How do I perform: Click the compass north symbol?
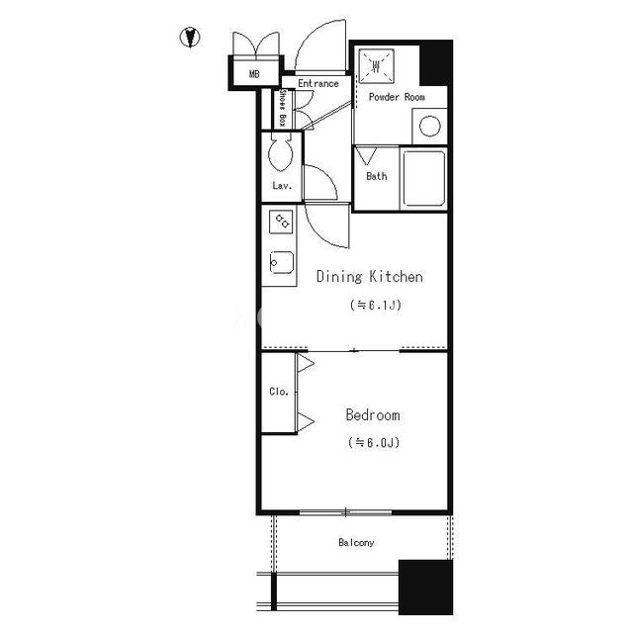(190, 38)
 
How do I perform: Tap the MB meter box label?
(254, 74)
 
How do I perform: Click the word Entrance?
(318, 83)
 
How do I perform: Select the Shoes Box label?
(283, 108)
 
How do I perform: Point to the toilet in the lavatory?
(281, 154)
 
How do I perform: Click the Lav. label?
(282, 186)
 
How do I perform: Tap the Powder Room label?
(397, 97)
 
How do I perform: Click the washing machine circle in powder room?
(429, 126)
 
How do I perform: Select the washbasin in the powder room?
(376, 66)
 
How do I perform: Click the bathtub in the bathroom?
(424, 178)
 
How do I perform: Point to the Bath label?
(377, 176)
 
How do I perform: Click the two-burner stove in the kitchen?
(281, 222)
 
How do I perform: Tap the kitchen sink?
(281, 262)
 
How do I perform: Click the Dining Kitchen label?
(370, 277)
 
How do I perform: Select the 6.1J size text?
(376, 305)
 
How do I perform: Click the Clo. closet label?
(279, 392)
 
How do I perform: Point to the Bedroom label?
(373, 415)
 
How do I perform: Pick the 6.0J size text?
(374, 442)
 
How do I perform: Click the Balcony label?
(356, 543)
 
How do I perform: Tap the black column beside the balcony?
(425, 587)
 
